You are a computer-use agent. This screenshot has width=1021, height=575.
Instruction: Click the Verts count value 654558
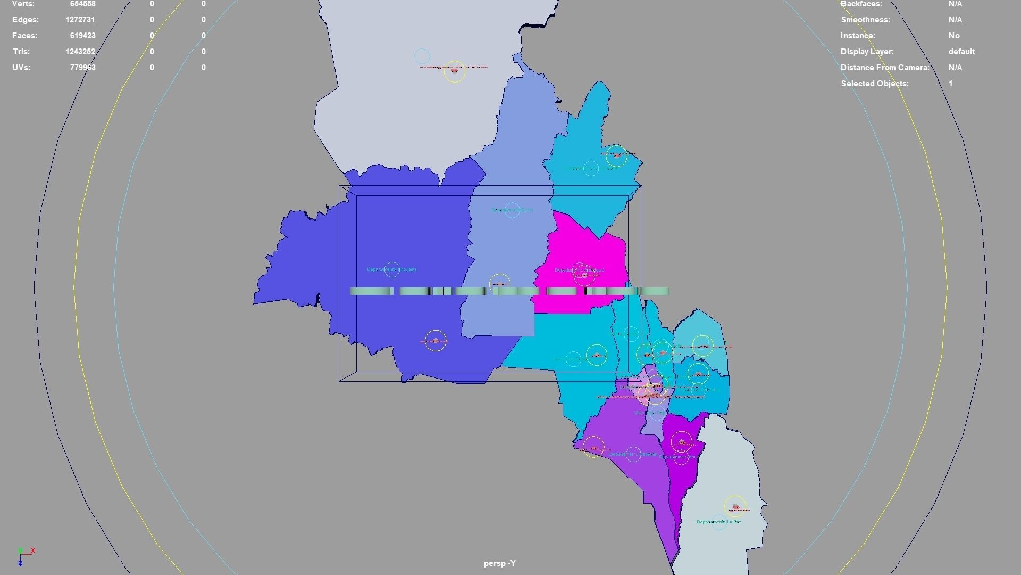coord(82,4)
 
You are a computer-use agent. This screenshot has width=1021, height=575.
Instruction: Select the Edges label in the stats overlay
coord(26,20)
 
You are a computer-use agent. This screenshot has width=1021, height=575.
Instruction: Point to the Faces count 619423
coord(82,36)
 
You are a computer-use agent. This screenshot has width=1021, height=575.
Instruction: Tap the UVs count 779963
coord(82,68)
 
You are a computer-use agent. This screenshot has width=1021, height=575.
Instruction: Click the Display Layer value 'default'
coord(961,52)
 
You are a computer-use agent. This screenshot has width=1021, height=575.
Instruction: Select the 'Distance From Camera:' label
coord(885,68)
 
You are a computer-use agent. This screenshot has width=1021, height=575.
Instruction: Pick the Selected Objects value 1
coord(950,84)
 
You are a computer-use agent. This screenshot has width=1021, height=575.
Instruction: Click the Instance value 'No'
coord(954,36)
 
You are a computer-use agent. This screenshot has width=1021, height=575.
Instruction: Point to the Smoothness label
coord(865,20)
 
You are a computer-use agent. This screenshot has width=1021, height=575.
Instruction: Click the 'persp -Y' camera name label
coord(499,563)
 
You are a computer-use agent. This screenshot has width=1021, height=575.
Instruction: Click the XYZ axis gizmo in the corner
coord(24,556)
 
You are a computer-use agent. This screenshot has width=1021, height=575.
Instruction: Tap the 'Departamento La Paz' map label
coord(719,522)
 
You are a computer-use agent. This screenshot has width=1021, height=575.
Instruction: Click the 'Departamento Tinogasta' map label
coord(392,269)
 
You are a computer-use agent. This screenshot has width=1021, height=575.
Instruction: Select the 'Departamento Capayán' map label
coord(633,454)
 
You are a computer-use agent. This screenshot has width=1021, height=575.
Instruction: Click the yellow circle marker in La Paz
coord(735,507)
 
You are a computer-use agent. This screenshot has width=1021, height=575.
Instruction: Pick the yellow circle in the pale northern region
coord(454,71)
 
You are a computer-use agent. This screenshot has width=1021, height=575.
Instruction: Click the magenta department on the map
coord(585,256)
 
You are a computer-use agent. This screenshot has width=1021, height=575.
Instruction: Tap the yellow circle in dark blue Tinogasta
coord(436,341)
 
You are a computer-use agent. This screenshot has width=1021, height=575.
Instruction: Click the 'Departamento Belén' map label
coord(512,210)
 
